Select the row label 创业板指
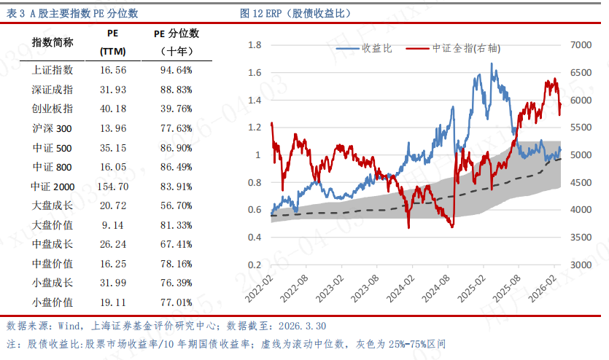[x=53, y=109]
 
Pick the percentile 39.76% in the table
[x=175, y=109]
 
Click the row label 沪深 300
[x=53, y=128]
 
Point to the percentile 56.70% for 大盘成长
[x=175, y=206]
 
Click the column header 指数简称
[x=53, y=42]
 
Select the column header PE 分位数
[x=176, y=34]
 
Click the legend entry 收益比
[x=377, y=49]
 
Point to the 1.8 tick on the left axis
[x=255, y=45]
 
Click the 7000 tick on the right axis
[x=580, y=45]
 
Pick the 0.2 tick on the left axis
[x=255, y=265]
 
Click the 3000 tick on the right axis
[x=580, y=265]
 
